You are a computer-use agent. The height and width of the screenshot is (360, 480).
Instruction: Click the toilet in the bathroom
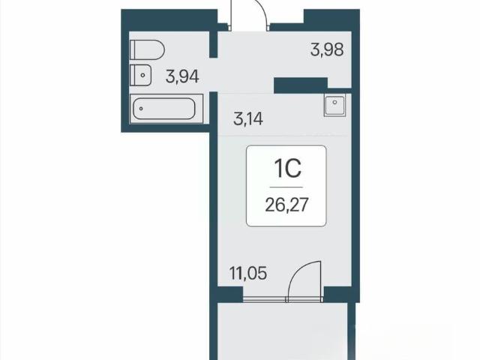click(x=147, y=49)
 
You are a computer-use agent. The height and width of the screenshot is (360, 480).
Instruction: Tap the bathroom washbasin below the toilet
click(x=140, y=75)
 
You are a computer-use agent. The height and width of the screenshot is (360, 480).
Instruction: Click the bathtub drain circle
click(x=141, y=109)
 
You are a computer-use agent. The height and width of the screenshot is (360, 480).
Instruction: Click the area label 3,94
click(x=182, y=76)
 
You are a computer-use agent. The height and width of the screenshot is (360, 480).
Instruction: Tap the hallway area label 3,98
click(x=327, y=49)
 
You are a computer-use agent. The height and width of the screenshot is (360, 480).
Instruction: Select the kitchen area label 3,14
click(x=248, y=118)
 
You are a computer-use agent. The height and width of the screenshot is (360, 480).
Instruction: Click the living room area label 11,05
click(x=248, y=273)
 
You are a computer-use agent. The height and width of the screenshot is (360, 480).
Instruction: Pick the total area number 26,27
click(x=286, y=205)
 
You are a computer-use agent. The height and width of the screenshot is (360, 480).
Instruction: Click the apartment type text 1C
click(x=288, y=168)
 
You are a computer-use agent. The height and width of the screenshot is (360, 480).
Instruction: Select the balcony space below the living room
click(x=283, y=331)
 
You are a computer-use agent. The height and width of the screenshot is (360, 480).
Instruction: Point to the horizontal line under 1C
click(x=286, y=187)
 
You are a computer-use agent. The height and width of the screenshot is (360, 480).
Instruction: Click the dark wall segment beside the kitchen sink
click(x=301, y=85)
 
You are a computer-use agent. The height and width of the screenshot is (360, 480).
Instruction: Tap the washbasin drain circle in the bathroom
click(x=142, y=75)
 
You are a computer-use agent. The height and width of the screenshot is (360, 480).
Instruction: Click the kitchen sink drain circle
click(x=335, y=102)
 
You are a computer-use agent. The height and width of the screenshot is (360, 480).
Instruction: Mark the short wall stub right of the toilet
click(x=213, y=44)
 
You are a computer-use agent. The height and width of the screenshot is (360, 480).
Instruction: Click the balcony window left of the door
click(x=265, y=299)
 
